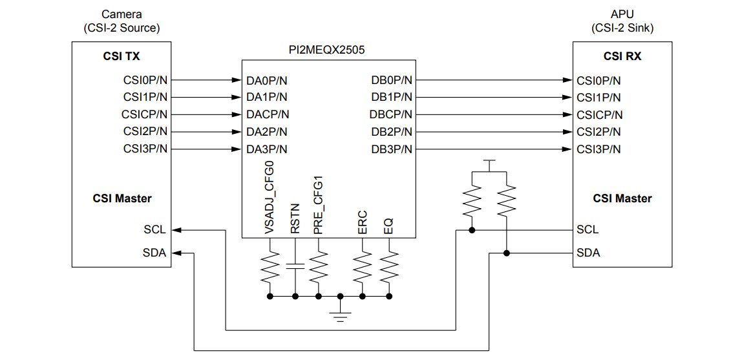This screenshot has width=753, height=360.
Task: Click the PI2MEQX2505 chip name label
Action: pos(329,49)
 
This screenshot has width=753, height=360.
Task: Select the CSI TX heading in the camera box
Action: pos(121,56)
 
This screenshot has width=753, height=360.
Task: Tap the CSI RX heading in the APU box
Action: pos(622,56)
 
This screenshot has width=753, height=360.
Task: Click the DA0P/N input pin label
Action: pos(268,81)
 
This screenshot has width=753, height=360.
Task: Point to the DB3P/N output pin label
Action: pos(391,149)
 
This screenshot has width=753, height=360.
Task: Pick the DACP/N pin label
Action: pos(268,115)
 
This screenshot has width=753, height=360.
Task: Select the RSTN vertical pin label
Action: pos(295,218)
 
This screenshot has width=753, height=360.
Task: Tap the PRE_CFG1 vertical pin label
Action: pos(318,204)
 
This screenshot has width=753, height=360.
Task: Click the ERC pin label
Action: pos(363,221)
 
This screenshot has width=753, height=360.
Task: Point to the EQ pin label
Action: pos(388,225)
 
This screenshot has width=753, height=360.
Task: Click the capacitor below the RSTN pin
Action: pos(295,266)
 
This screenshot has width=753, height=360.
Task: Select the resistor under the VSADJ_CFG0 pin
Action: pos(270,266)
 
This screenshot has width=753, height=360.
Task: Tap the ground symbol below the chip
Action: pos(340,314)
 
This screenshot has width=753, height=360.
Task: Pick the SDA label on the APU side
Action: pos(588,253)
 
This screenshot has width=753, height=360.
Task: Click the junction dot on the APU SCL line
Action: pos(473,229)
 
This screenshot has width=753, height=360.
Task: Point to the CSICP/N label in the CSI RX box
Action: pos(600,115)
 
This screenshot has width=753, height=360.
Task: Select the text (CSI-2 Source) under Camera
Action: pos(121,28)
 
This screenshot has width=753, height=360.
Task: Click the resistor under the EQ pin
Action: pos(388,266)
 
